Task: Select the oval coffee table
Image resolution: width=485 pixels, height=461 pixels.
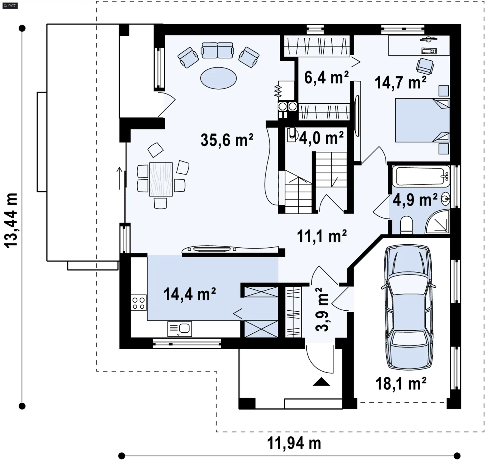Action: pyautogui.click(x=219, y=78)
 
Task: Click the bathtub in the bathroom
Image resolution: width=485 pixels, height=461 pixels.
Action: pyautogui.click(x=421, y=176)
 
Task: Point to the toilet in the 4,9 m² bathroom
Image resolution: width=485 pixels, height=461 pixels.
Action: pyautogui.click(x=406, y=224)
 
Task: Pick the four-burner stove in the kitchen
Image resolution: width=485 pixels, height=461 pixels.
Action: pyautogui.click(x=138, y=303)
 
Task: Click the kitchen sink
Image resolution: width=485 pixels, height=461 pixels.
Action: pyautogui.click(x=180, y=329)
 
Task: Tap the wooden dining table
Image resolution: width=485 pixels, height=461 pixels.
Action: pyautogui.click(x=161, y=179)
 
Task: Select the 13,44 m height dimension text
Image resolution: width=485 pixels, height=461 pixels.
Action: pyautogui.click(x=11, y=220)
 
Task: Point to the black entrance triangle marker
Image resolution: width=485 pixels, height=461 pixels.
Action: pyautogui.click(x=321, y=381)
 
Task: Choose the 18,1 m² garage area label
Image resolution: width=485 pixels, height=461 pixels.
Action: pyautogui.click(x=401, y=383)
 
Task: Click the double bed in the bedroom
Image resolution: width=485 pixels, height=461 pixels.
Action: pyautogui.click(x=422, y=120)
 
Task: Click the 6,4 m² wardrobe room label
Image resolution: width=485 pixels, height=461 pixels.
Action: pyautogui.click(x=326, y=77)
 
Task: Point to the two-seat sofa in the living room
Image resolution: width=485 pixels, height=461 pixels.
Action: pyautogui.click(x=217, y=50)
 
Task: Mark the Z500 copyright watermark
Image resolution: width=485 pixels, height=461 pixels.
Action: pyautogui.click(x=10, y=5)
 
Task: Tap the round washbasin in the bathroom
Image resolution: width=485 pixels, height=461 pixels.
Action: pyautogui.click(x=446, y=199)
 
